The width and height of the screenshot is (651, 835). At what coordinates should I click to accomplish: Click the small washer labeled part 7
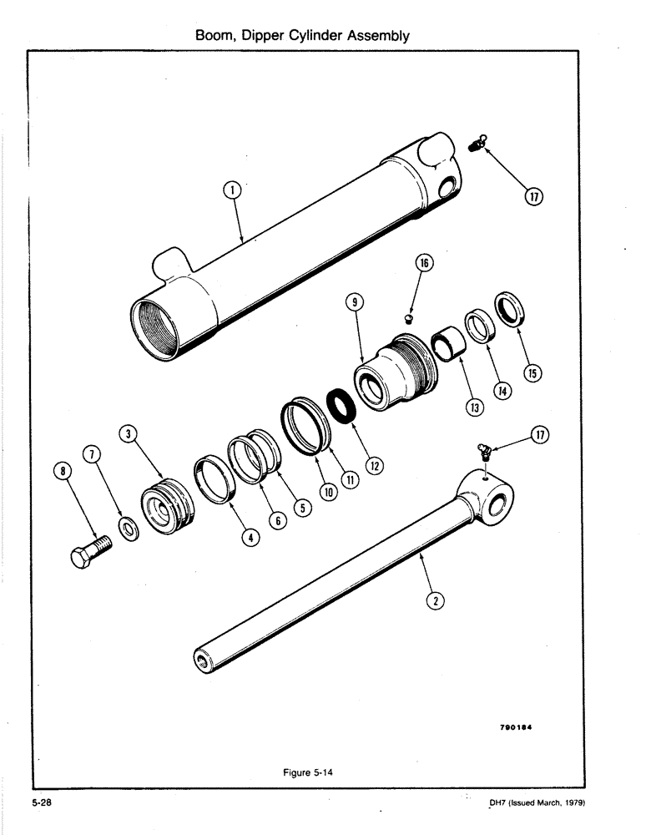click(130, 529)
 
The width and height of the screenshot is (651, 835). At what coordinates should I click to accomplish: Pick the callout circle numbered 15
click(531, 372)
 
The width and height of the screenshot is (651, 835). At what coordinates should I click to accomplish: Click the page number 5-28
click(43, 803)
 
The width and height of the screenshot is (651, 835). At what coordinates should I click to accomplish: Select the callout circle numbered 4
click(248, 538)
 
